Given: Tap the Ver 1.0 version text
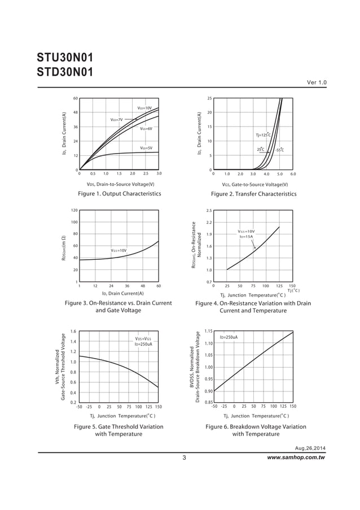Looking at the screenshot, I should [317, 83].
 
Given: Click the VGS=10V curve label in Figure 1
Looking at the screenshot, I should [145, 107].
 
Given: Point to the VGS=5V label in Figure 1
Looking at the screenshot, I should [146, 148].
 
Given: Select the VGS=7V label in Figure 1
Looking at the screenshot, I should [116, 120].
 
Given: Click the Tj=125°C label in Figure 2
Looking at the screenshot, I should [264, 135].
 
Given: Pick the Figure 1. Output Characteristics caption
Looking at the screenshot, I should [119, 194].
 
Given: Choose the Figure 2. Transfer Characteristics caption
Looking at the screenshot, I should [253, 194].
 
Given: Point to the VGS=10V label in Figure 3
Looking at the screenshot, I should [118, 250].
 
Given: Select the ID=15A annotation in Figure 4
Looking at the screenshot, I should [246, 237].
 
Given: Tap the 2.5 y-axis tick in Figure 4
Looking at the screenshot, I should [209, 211].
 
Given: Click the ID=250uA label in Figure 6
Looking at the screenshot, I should [229, 337].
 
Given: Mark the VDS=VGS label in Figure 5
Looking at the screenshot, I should [143, 339].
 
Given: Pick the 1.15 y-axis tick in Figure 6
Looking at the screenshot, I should [208, 331].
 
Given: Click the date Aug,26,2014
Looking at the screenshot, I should [310, 448].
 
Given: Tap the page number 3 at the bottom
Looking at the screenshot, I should [185, 457].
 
